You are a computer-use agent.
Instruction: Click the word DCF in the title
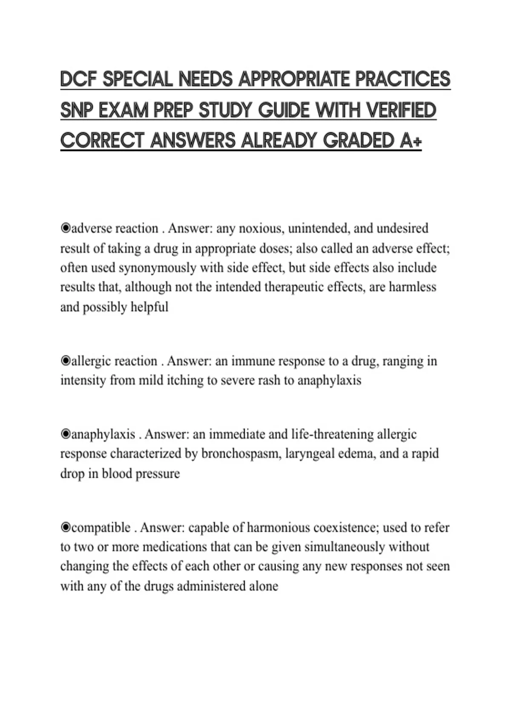[x=78, y=80]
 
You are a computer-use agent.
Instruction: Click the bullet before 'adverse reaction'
[x=65, y=229]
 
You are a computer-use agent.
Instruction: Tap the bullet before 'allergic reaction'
[x=65, y=361]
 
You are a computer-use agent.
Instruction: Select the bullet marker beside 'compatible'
[x=65, y=528]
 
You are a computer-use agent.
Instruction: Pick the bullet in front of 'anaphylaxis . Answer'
[x=65, y=435]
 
